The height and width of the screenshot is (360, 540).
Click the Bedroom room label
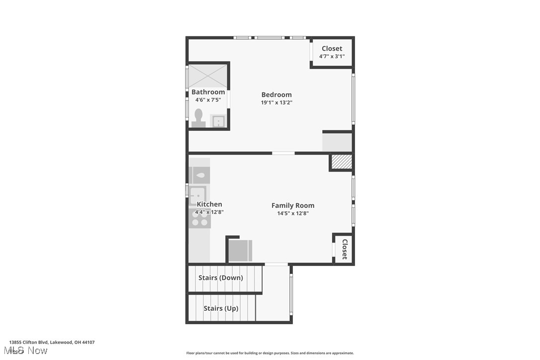(276, 94)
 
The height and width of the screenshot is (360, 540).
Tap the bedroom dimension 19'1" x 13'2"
(276, 102)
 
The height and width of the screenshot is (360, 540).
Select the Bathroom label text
(208, 92)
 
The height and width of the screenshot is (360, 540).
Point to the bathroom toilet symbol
(198, 118)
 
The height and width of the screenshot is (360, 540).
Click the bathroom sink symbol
(218, 121)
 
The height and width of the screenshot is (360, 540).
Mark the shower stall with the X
(208, 76)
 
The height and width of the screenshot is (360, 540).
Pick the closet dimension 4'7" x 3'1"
(332, 56)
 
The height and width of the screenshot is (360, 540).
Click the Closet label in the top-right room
(332, 48)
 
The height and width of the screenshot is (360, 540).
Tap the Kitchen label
(209, 204)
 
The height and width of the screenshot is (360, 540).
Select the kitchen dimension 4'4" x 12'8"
(209, 212)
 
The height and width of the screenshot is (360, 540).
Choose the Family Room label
(293, 205)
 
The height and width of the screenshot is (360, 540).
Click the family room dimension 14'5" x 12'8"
(293, 213)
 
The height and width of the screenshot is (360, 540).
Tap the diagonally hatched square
(342, 162)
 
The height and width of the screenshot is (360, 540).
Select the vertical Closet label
(344, 249)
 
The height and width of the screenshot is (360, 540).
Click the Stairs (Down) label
(221, 277)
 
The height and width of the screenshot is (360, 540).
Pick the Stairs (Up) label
(221, 308)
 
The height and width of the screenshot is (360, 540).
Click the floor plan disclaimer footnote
(270, 353)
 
